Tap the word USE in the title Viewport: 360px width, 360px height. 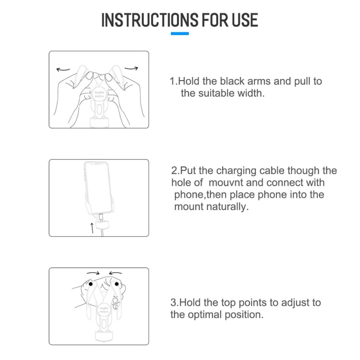[245, 20]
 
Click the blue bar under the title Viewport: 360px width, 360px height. [180, 34]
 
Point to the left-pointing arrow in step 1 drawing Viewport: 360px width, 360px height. [63, 69]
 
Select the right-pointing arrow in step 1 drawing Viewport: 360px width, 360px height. [132, 68]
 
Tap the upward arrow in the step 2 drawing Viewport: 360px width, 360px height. [92, 228]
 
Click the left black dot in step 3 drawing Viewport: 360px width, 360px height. [91, 284]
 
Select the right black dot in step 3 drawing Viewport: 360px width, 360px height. [117, 284]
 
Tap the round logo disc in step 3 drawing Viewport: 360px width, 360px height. [104, 310]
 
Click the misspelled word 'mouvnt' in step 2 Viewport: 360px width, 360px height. [226, 183]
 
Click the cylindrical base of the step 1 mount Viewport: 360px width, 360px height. [99, 122]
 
